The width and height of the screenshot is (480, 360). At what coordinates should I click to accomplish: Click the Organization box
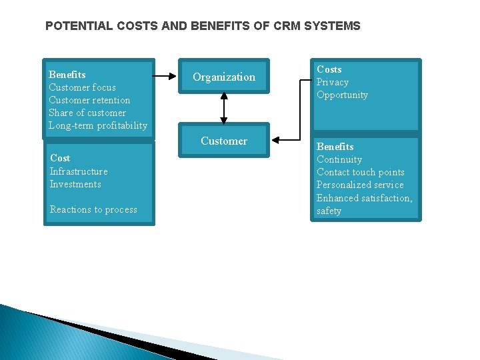pos(224,77)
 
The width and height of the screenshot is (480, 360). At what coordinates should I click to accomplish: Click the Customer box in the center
pos(224,141)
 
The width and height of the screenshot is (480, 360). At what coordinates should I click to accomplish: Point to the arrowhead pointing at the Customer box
pos(277,139)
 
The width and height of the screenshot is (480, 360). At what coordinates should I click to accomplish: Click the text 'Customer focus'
pos(82,87)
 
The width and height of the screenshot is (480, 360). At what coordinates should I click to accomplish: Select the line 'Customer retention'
pos(89,100)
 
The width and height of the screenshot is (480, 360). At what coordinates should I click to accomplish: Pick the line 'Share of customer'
pos(87,113)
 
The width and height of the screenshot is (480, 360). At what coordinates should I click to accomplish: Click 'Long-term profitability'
pos(98,125)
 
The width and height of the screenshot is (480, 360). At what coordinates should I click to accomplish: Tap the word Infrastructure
pos(79,171)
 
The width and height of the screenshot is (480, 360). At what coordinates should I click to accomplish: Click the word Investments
pos(75,184)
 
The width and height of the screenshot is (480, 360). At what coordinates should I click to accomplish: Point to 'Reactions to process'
pos(93,209)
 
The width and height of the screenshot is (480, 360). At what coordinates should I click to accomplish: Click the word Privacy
pos(333,82)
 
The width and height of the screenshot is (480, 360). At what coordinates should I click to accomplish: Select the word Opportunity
pos(342,95)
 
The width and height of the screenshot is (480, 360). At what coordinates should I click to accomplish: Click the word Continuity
pos(339,159)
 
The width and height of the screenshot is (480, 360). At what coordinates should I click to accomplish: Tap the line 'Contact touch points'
pos(360,172)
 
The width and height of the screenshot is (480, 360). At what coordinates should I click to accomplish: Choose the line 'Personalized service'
pos(360,185)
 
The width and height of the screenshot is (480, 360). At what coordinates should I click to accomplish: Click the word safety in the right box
pos(329,211)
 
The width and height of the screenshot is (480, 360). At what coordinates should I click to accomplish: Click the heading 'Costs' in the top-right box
pos(329,69)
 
